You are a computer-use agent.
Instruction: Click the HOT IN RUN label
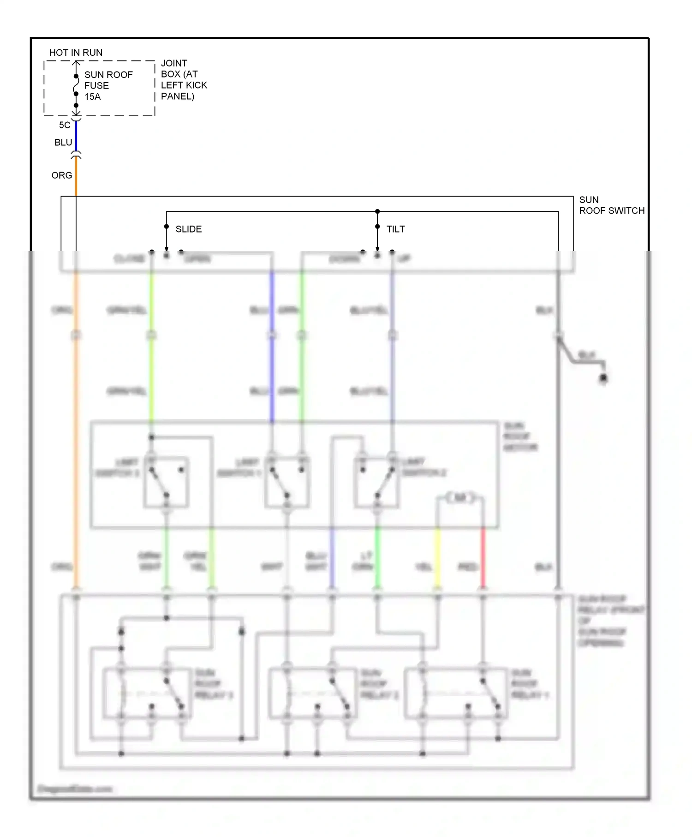pyautogui.click(x=76, y=53)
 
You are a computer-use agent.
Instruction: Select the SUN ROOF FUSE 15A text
pyautogui.click(x=108, y=86)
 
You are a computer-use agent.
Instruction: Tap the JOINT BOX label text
pyautogui.click(x=183, y=80)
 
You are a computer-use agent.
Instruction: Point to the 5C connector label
pyautogui.click(x=65, y=125)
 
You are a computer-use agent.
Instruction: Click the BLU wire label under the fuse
pyautogui.click(x=63, y=143)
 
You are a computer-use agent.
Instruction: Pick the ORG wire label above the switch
pyautogui.click(x=62, y=175)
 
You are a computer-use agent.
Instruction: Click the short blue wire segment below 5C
pyautogui.click(x=76, y=137)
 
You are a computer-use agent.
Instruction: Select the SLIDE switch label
pyautogui.click(x=188, y=229)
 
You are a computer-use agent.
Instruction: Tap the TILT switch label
pyautogui.click(x=395, y=229)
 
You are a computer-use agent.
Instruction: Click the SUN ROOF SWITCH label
pyautogui.click(x=611, y=205)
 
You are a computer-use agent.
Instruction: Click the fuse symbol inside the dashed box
pyautogui.click(x=76, y=85)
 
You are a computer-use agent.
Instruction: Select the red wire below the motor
pyautogui.click(x=483, y=558)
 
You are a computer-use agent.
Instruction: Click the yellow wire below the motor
pyautogui.click(x=437, y=558)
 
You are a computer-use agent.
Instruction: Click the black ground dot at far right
pyautogui.click(x=603, y=378)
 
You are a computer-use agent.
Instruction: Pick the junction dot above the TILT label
pyautogui.click(x=377, y=211)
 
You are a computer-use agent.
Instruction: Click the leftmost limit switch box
pyautogui.click(x=166, y=482)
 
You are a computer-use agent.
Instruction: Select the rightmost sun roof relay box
pyautogui.click(x=456, y=693)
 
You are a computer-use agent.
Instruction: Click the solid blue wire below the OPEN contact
pyautogui.click(x=272, y=346)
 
